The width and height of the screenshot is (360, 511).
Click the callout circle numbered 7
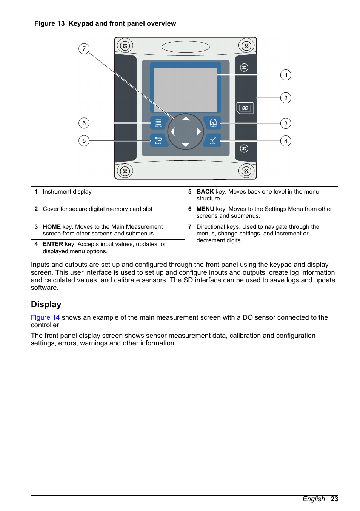point(84,49)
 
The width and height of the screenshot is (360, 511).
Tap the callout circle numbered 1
point(286,75)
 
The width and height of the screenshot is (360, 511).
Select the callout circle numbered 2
point(286,98)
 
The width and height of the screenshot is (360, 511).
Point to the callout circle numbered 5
point(84,141)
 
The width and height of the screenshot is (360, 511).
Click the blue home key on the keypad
point(213,123)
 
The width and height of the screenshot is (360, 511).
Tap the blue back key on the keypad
point(158,140)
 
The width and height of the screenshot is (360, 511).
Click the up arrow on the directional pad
point(186,119)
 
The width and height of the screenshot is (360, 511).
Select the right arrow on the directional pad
point(198,132)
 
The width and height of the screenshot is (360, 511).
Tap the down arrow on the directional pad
point(186,145)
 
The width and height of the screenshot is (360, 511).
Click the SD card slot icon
point(245,108)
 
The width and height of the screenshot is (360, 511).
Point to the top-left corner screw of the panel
point(125,46)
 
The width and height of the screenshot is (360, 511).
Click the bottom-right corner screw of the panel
point(246,171)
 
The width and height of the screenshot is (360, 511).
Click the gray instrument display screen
point(185,90)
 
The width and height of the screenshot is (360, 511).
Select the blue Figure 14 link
point(45,317)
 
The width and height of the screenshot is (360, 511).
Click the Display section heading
point(46,305)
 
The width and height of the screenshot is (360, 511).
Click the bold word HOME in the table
point(52,227)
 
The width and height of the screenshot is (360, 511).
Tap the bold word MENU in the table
point(205,209)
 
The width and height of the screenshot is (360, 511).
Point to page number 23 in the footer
point(334,499)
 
